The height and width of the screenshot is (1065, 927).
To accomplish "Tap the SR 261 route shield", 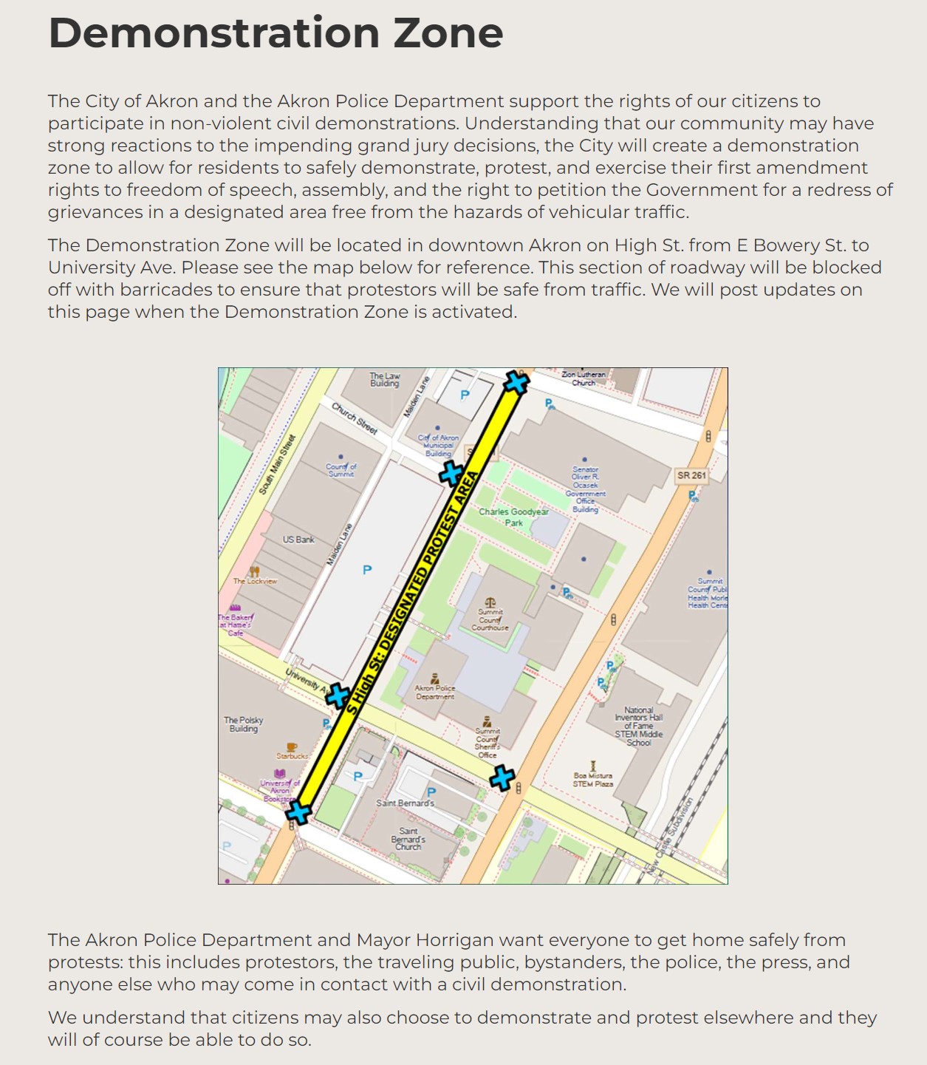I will (691, 475).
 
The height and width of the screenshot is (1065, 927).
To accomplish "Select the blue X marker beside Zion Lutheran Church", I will (516, 383).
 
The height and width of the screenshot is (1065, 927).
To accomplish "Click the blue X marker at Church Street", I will (451, 473).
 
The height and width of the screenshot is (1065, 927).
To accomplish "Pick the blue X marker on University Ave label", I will (338, 695).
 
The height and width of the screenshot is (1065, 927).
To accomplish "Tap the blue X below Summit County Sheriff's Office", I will (502, 778).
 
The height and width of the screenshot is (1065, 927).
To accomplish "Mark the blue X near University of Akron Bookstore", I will (298, 812).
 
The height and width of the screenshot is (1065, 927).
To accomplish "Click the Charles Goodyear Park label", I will (513, 517).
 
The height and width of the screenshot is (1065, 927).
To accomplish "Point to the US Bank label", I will (298, 540).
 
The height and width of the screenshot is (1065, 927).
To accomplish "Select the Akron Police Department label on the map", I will (435, 692).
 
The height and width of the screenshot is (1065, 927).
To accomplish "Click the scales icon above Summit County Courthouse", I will (490, 602).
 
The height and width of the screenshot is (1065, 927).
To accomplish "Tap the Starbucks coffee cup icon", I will (292, 746).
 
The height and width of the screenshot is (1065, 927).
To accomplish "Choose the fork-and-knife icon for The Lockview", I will (254, 571).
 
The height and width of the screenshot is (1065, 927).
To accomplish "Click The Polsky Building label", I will (244, 724).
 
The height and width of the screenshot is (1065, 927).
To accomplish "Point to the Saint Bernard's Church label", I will (408, 839).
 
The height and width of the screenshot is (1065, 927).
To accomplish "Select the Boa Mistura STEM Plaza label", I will (593, 780).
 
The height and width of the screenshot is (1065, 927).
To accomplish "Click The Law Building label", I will (385, 380).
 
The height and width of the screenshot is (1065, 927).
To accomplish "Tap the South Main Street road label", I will (276, 464).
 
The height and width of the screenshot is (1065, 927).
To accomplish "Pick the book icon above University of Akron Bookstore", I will (280, 774).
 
